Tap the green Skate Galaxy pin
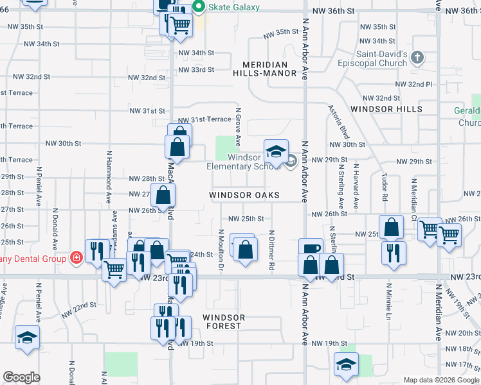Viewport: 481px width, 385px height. click(199, 7)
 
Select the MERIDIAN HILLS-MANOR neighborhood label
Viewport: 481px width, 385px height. click(269, 69)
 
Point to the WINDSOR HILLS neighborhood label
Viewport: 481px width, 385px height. click(386, 109)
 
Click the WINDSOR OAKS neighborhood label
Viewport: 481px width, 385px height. click(244, 194)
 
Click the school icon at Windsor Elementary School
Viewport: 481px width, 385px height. click(276, 151)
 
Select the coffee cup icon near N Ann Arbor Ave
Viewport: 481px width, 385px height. click(311, 248)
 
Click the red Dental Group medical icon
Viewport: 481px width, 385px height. click(77, 258)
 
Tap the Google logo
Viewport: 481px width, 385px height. click(21, 377)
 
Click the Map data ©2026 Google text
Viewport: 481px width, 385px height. click(441, 380)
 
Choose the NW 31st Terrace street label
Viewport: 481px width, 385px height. click(204, 120)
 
